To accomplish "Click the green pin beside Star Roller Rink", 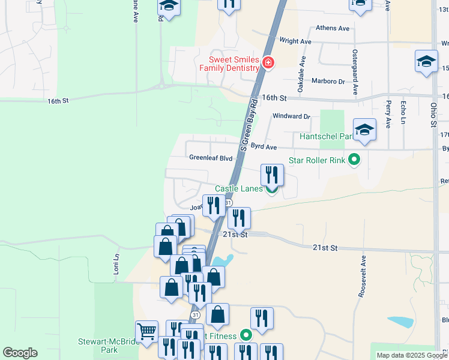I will click(x=354, y=160).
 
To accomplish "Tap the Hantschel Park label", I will click(x=325, y=136).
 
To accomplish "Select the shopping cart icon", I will click(x=147, y=331).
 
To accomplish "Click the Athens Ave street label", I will click(x=333, y=28).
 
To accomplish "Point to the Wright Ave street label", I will click(x=295, y=41).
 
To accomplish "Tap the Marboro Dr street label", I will click(x=328, y=81).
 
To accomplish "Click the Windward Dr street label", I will click(x=291, y=116).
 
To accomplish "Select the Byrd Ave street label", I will click(x=264, y=146).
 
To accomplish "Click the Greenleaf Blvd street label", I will click(x=211, y=158).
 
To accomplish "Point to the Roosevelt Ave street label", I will click(x=363, y=277).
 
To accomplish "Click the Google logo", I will click(x=20, y=353).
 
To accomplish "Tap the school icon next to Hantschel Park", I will click(x=364, y=130).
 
